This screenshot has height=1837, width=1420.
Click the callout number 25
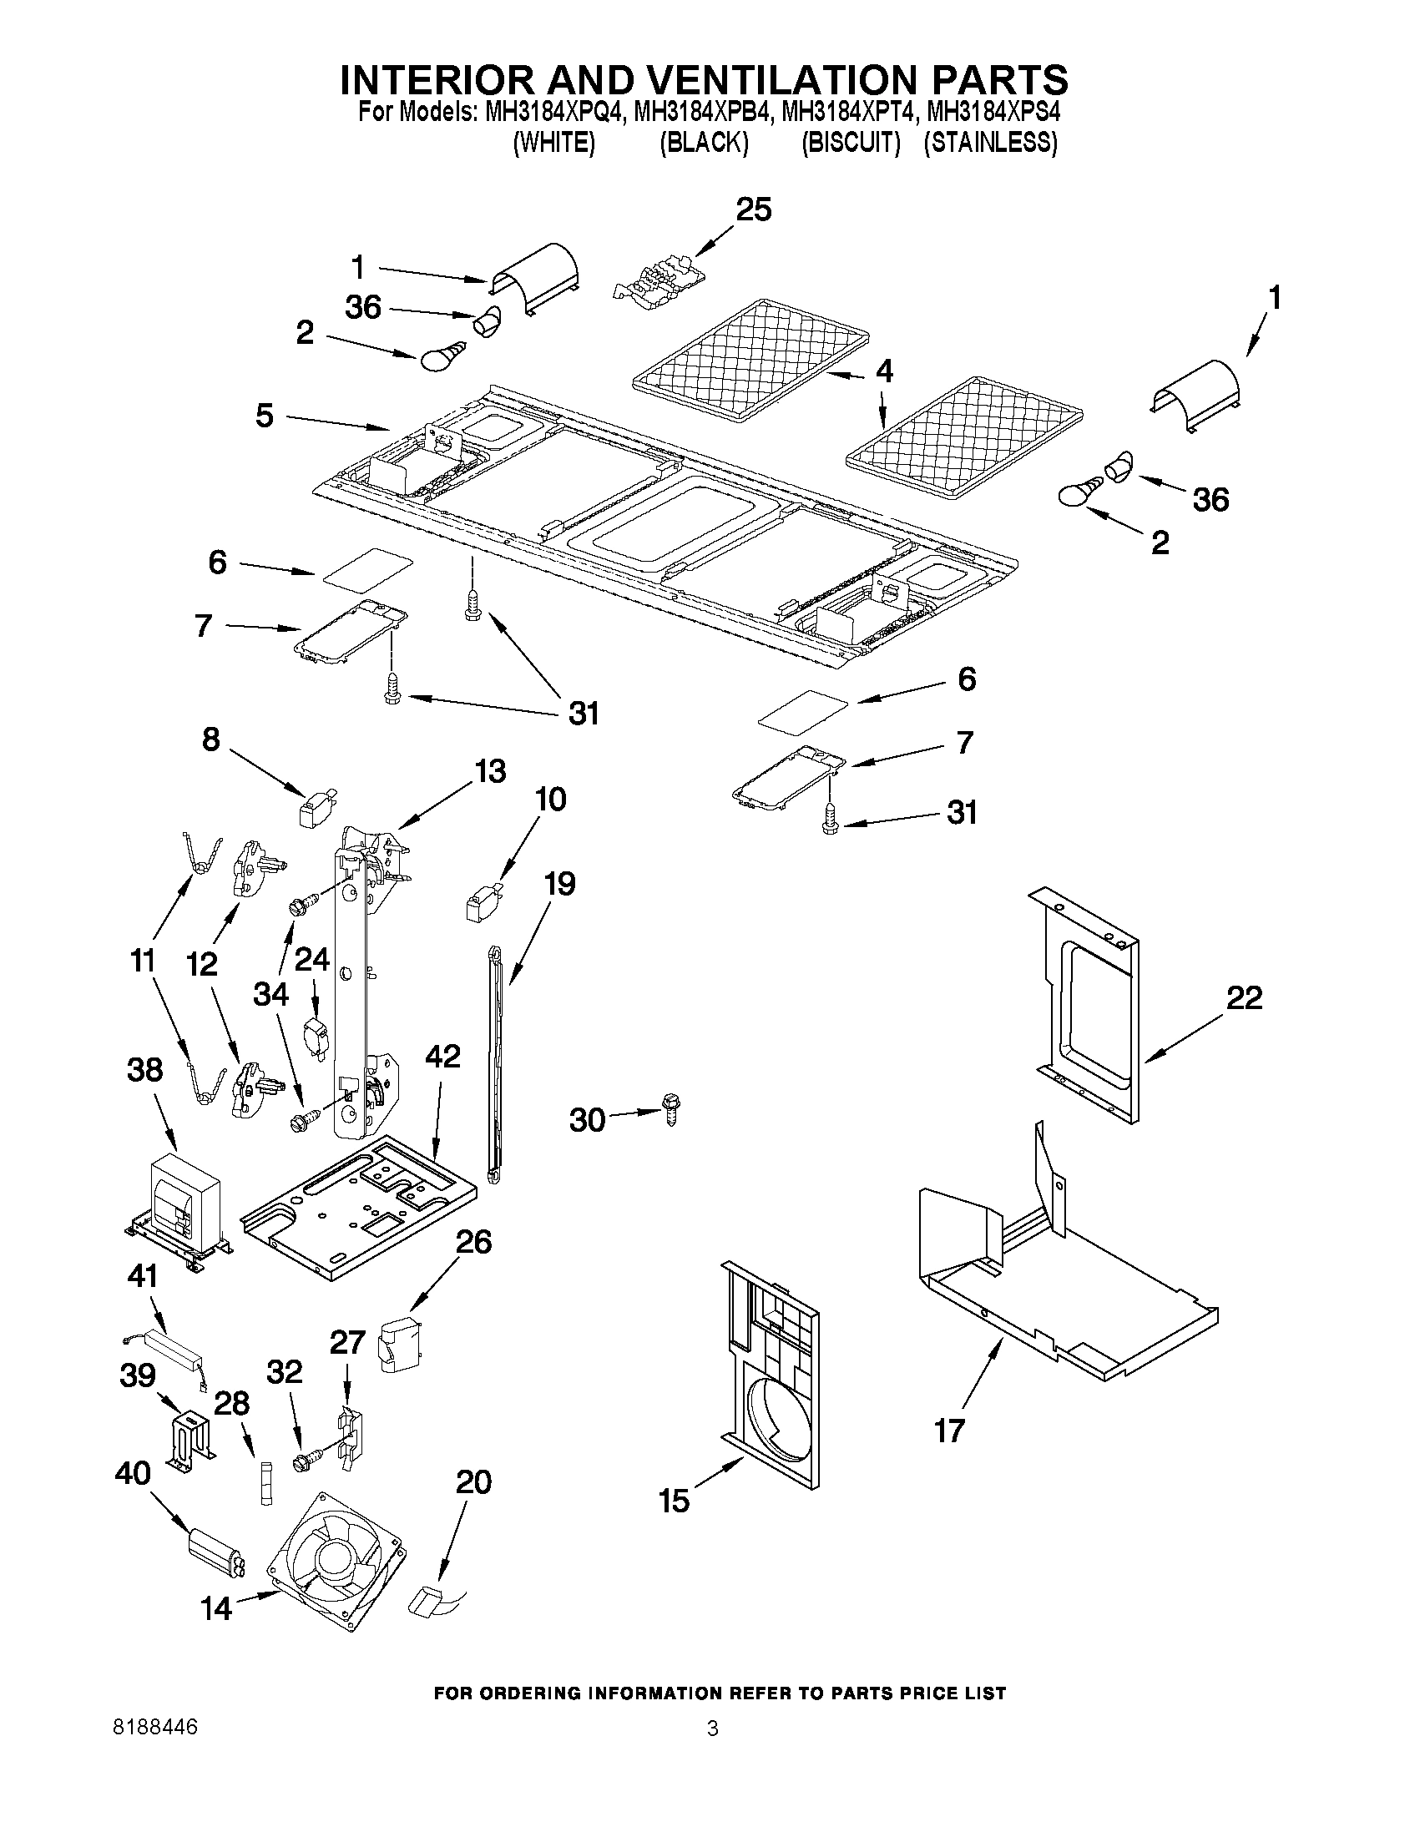tap(753, 209)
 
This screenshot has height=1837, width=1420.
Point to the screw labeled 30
tap(670, 1109)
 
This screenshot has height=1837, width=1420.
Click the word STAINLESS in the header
tap(990, 143)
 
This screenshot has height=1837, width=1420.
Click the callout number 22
tap(1244, 998)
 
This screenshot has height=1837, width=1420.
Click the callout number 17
tap(949, 1430)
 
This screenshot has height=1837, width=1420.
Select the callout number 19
tap(559, 884)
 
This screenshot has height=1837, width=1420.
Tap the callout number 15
tap(675, 1501)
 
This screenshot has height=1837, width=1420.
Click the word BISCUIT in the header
tap(851, 143)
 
